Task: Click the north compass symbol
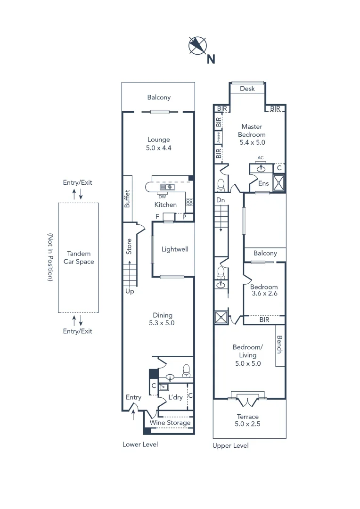[198, 46]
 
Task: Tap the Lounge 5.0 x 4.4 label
[158, 143]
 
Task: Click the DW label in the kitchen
[162, 197]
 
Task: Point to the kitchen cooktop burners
[189, 203]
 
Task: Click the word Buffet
[127, 199]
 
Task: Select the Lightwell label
[175, 249]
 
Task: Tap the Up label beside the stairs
[130, 291]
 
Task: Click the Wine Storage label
[170, 423]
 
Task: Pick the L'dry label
[175, 397]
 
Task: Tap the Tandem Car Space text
[78, 257]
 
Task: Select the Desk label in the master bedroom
[247, 89]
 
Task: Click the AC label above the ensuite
[261, 158]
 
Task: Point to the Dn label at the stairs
[220, 200]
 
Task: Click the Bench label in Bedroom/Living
[279, 345]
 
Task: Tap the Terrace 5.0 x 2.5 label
[248, 420]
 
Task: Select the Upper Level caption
[230, 445]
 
